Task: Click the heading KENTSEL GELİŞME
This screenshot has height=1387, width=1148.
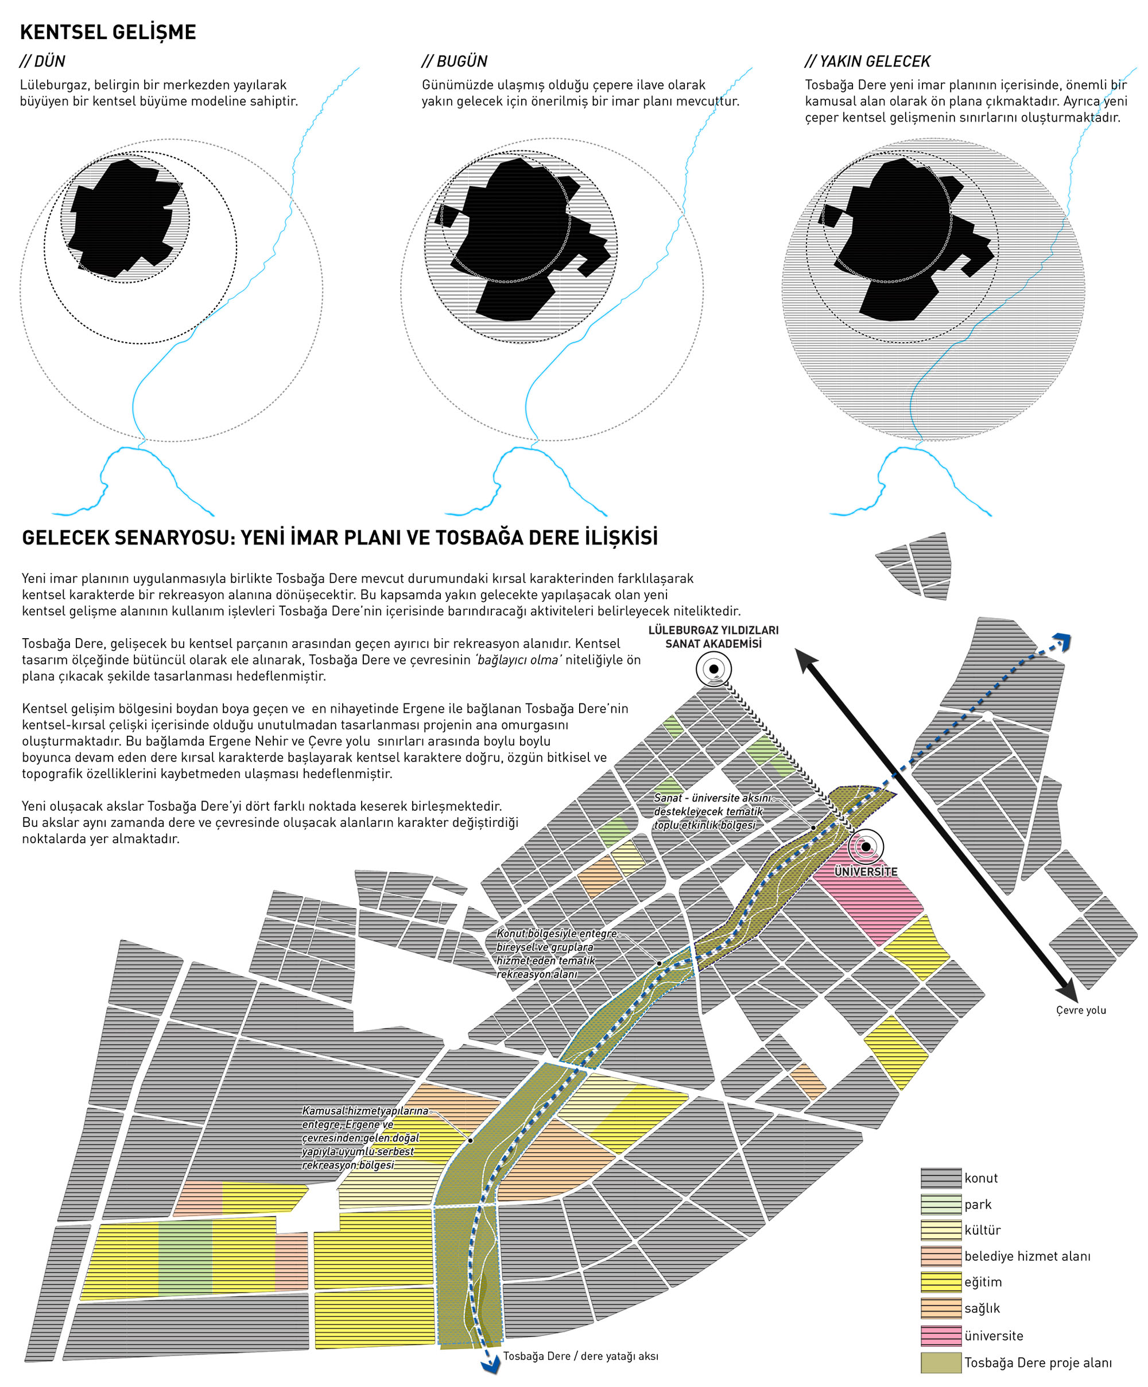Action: coord(108,32)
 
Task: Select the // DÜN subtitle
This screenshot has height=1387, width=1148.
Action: coord(42,61)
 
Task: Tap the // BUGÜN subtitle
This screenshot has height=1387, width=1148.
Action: coord(455,61)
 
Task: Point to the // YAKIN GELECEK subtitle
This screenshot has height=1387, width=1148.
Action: coord(867,61)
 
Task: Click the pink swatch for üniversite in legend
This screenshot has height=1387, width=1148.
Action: coord(941,1335)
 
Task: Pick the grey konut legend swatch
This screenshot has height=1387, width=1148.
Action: coord(941,1178)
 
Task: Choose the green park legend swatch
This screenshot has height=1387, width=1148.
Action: coord(941,1205)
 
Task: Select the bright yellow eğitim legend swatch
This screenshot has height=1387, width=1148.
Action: coord(941,1282)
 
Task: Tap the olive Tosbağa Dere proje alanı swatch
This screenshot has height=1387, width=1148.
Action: coord(941,1362)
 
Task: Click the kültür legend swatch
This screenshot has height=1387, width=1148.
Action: coord(941,1230)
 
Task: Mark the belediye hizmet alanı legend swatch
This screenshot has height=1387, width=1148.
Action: coord(941,1256)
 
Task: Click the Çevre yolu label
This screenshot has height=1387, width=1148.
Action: coord(1081,1011)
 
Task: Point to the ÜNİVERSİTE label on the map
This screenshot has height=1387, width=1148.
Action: coord(865,872)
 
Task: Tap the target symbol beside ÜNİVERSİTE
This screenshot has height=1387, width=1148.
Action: coord(865,847)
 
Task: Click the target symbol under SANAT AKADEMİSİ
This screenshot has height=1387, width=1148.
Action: coord(713,669)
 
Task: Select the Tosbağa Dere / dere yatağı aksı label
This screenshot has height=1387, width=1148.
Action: coord(581,1356)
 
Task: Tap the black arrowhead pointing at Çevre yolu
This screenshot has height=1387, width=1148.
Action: coord(1066,990)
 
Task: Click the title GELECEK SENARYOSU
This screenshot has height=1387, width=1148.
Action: coord(339,538)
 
